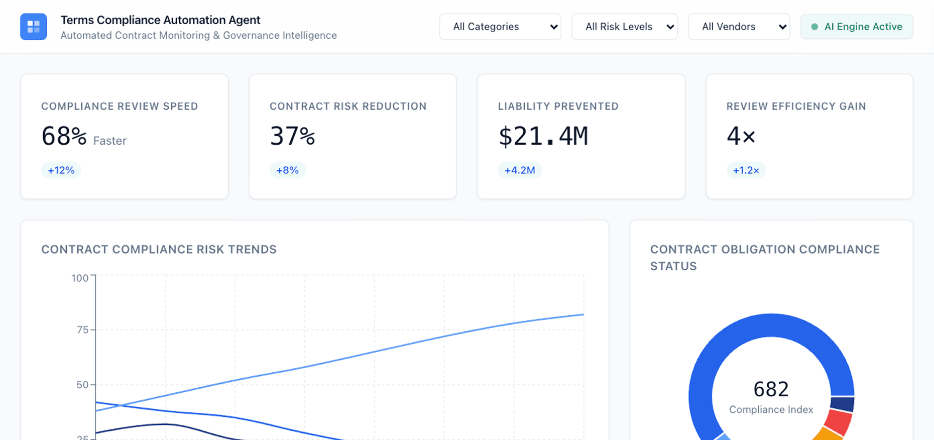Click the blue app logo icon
(x=33, y=27)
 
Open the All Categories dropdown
(x=500, y=27)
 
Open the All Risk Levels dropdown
(x=624, y=27)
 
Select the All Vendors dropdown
(x=739, y=27)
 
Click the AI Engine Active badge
(x=857, y=27)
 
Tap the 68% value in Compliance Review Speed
(x=64, y=136)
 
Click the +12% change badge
(x=61, y=170)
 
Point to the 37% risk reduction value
(x=292, y=136)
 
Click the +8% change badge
(x=287, y=170)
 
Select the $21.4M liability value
(x=543, y=136)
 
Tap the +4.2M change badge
(x=520, y=170)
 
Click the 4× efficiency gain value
(x=741, y=136)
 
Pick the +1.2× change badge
(x=746, y=170)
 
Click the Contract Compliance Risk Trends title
(x=159, y=250)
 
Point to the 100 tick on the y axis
(x=79, y=278)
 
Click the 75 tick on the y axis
(x=82, y=330)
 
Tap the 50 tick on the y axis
(x=82, y=385)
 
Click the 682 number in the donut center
(x=771, y=389)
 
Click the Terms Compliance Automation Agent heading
(x=160, y=20)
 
